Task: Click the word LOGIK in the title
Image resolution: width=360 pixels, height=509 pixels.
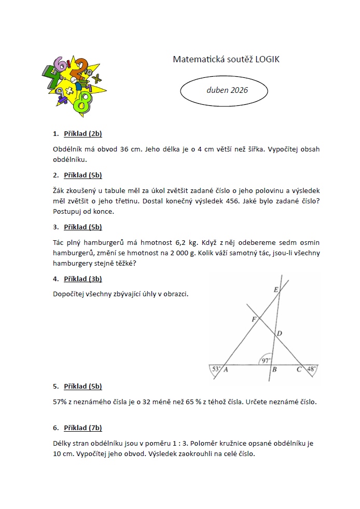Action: [x=268, y=60]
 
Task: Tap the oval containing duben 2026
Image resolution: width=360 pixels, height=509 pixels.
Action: [x=224, y=90]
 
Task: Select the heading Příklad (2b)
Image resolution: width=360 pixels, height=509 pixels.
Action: [x=82, y=134]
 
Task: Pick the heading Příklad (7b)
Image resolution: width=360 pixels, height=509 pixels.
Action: [x=82, y=428]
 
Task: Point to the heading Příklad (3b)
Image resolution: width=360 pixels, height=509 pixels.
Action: [x=82, y=279]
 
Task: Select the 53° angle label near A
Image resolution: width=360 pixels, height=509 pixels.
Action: [x=216, y=369]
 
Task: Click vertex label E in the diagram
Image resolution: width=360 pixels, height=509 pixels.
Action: [x=275, y=289]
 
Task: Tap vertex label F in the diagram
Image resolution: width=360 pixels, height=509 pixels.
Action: [x=254, y=320]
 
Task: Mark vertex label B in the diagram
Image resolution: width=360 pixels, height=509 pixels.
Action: [x=274, y=369]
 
